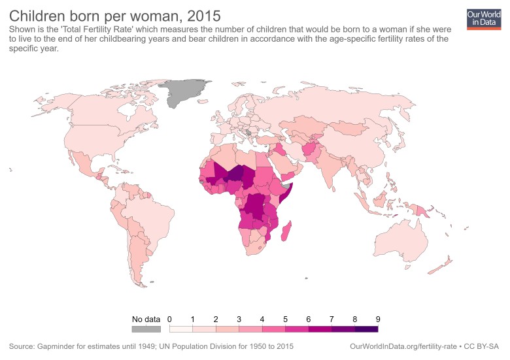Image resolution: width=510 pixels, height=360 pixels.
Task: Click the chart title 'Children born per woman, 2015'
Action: (x=114, y=14)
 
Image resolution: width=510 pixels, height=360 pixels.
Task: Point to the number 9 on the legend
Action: (x=378, y=319)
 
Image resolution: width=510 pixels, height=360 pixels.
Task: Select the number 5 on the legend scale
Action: (x=285, y=319)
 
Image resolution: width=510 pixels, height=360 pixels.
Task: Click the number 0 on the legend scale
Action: (x=169, y=319)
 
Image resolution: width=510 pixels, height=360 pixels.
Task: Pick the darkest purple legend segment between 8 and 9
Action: (x=366, y=328)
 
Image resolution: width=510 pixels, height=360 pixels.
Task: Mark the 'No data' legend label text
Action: (x=146, y=319)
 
